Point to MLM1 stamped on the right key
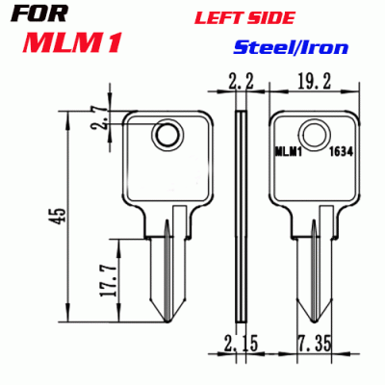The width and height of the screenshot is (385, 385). pos(287,151)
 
